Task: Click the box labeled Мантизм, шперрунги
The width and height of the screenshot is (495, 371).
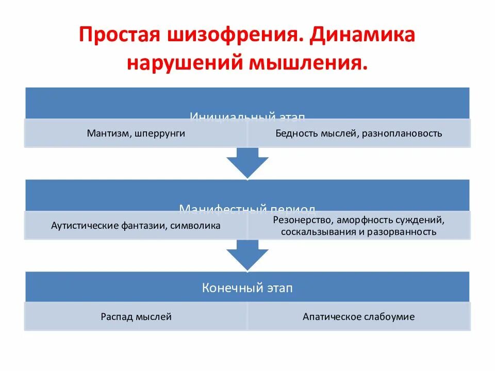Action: coord(136,133)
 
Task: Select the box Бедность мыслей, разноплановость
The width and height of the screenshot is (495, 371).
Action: coord(358,133)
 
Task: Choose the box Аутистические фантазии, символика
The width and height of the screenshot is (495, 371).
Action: coord(136,226)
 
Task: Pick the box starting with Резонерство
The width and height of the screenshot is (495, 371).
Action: coord(358,226)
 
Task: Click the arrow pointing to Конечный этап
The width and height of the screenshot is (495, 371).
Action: coord(247,255)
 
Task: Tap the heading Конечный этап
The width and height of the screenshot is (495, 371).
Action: coord(247,288)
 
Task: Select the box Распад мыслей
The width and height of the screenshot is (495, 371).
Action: coord(136,317)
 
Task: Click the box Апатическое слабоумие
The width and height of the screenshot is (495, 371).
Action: coord(358,317)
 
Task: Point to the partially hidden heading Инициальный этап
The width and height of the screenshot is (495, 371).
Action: coord(247,115)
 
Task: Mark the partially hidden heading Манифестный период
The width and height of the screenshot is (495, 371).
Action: coord(247,208)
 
